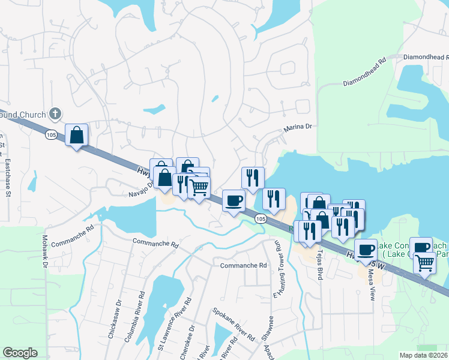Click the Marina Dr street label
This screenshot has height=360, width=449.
pyautogui.click(x=298, y=127)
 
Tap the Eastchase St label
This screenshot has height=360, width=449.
pyautogui.click(x=8, y=177)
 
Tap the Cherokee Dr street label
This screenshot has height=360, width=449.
pyautogui.click(x=187, y=343)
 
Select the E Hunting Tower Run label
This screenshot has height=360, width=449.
pyautogui.click(x=278, y=271)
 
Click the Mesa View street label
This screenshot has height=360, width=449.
pyautogui.click(x=371, y=284)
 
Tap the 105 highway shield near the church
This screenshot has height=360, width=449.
pyautogui.click(x=51, y=136)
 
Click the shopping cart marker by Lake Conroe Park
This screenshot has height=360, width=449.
pyautogui.click(x=424, y=262)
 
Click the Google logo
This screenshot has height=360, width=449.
pyautogui.click(x=20, y=353)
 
